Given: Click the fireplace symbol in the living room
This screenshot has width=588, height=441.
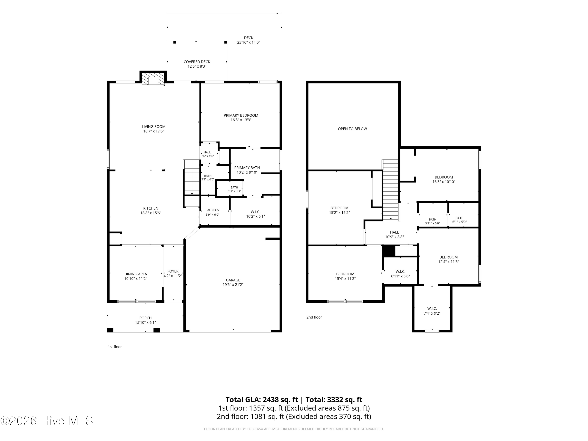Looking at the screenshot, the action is pos(153,79).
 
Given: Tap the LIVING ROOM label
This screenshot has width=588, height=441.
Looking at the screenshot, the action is pos(154,127).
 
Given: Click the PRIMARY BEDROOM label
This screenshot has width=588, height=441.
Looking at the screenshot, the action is pos(241,115).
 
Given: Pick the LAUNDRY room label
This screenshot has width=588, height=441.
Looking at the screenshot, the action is pos(212,210).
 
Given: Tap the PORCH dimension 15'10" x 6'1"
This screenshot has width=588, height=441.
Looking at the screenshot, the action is pos(145,323).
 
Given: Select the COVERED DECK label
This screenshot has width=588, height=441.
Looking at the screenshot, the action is pos(197,62).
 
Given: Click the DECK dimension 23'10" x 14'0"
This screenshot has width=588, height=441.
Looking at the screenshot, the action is pos(249,42).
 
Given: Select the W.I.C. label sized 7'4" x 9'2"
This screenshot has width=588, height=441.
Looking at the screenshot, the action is pos(432,309).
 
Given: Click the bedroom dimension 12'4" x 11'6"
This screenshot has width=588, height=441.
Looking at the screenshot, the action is pos(448,262).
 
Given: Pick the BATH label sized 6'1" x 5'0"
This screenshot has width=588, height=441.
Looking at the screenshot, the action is pos(459,218).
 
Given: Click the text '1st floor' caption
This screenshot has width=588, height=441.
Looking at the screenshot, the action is pos(115,347).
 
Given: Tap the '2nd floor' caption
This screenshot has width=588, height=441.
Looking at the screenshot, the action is pos(314,317).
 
